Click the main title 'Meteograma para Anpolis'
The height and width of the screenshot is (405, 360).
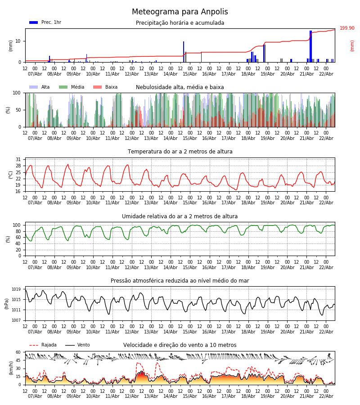click(180, 12)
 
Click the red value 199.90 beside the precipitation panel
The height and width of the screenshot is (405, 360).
click(347, 28)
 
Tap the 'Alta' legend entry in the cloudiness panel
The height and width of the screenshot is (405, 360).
click(45, 87)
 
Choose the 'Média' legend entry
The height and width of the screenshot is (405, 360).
click(77, 87)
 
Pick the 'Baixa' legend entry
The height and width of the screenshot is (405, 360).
click(111, 87)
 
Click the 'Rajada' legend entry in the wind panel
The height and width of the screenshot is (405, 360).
click(49, 345)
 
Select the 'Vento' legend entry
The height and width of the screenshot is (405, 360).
click(83, 345)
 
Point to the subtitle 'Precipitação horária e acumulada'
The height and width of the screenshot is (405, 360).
click(180, 23)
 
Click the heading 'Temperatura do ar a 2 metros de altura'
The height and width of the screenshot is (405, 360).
click(180, 152)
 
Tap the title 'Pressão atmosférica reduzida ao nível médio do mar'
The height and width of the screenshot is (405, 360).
click(180, 281)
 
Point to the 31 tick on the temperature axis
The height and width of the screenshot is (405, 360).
click(18, 160)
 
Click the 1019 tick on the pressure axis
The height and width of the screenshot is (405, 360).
click(16, 289)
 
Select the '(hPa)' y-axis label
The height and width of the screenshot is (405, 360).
click(7, 303)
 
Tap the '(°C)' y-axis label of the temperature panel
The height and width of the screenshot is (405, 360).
click(11, 175)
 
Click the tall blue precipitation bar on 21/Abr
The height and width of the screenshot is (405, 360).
click(310, 46)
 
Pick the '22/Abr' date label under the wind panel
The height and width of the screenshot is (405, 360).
click(326, 396)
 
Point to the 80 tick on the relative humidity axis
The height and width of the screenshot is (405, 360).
click(18, 231)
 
